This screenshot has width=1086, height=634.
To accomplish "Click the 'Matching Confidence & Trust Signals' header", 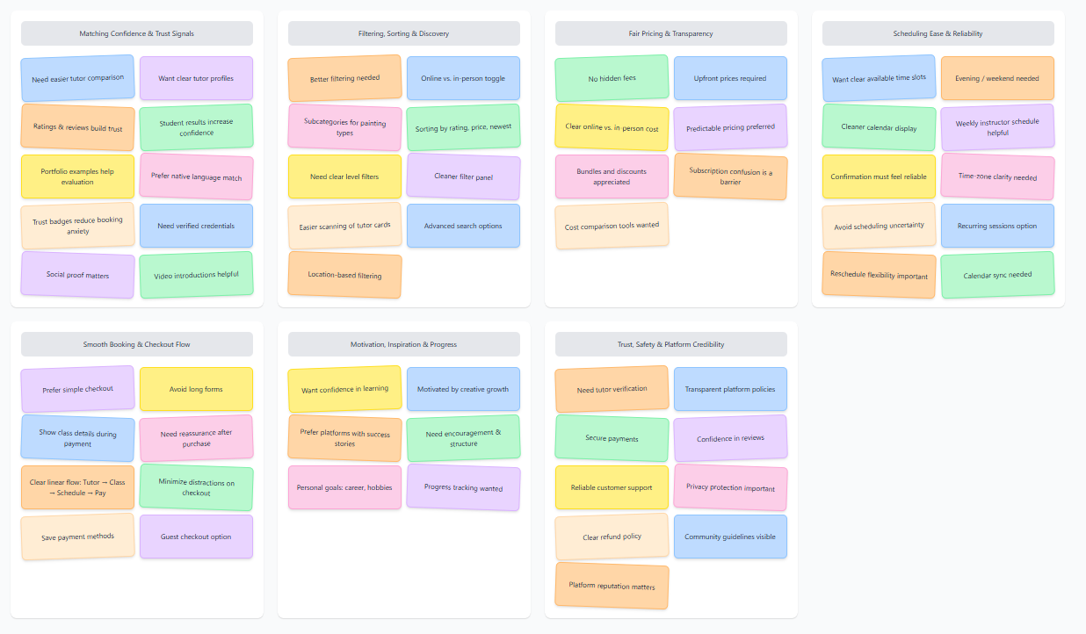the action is [136, 33].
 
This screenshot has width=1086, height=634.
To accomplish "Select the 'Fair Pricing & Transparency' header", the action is [670, 33].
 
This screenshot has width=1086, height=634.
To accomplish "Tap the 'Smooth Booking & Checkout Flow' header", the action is [136, 344].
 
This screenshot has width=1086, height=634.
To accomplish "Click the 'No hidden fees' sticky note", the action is [612, 79].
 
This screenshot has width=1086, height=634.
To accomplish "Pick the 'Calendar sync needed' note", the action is [997, 275].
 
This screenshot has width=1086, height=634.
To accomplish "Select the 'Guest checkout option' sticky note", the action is [196, 537].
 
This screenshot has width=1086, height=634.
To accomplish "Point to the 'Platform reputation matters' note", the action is [612, 586].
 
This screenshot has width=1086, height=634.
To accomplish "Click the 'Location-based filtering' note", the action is [344, 275].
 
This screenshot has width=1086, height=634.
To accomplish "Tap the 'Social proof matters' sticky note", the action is [77, 275].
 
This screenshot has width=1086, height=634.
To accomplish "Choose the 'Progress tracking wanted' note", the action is [463, 487].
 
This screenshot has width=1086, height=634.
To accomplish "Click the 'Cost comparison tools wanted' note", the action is [612, 226].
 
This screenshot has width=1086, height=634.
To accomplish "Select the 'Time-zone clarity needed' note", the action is [997, 177].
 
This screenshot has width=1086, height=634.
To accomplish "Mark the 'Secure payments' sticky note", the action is [612, 438].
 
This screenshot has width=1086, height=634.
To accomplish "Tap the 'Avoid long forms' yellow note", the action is [196, 389].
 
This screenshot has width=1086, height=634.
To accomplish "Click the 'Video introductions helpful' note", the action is [196, 275].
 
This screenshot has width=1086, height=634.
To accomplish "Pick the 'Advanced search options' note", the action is [463, 226].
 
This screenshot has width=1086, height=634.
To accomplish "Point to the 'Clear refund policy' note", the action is [612, 537].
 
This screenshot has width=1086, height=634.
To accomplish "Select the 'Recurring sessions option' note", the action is [997, 226].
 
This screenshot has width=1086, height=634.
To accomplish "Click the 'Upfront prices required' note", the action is [730, 79].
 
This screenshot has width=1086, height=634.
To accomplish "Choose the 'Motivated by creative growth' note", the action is [463, 389].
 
